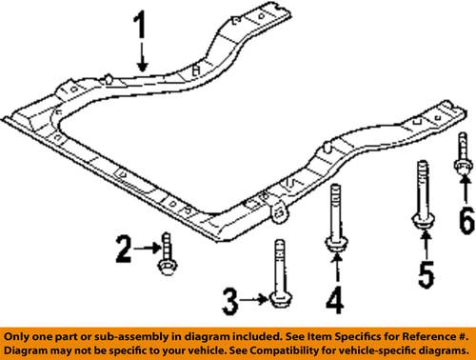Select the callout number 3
[228, 302]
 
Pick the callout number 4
[331, 303]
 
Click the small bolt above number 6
[462, 155]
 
